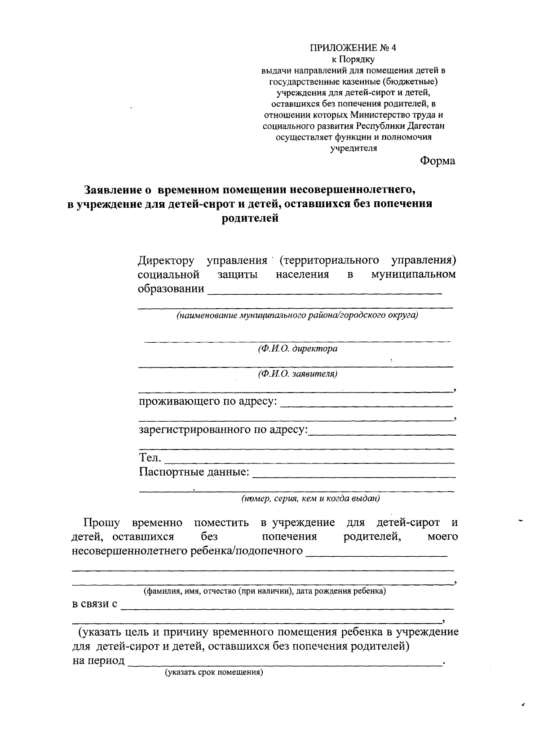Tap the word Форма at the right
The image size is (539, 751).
[x=437, y=161]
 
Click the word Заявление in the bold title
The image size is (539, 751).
[x=113, y=190]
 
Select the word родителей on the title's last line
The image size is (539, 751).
[x=250, y=218]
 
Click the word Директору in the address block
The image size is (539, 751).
[x=166, y=261]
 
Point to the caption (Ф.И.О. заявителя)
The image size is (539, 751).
[x=297, y=374]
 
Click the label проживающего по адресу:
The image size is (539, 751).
[x=208, y=401]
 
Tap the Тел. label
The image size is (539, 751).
[x=150, y=458]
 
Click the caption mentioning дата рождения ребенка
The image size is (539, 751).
[x=265, y=591]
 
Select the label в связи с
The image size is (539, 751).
[x=95, y=604]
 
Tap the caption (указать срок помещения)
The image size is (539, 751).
[x=213, y=672]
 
